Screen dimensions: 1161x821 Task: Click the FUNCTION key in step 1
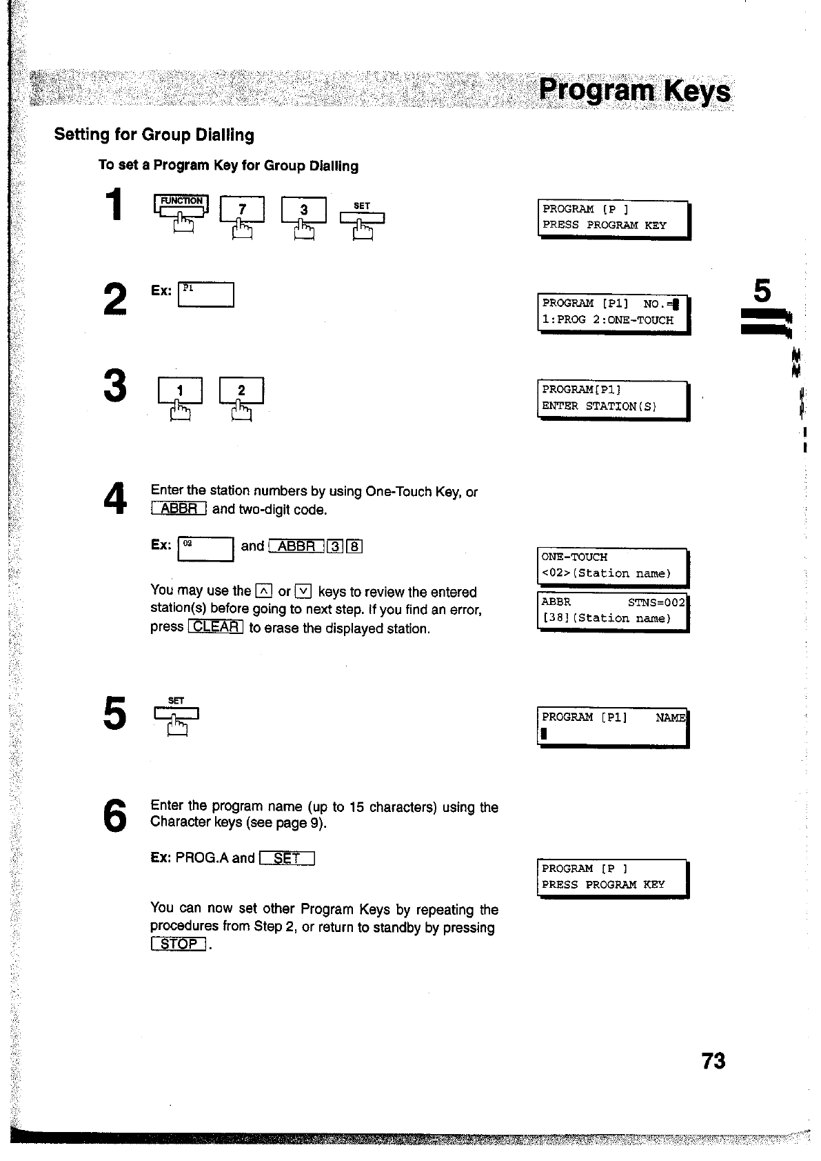(181, 206)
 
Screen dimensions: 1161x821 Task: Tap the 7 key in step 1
(241, 210)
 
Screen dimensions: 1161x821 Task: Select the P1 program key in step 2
(206, 295)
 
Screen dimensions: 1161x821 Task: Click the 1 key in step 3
(180, 391)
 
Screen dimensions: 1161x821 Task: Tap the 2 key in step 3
(241, 391)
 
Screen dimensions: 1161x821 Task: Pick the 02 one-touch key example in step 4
(206, 548)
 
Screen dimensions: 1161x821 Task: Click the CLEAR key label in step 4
(215, 627)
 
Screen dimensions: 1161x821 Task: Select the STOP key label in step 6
(178, 944)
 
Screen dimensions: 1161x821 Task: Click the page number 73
(713, 1060)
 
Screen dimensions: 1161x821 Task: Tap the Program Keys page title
(634, 92)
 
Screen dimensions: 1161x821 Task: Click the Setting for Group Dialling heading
(154, 135)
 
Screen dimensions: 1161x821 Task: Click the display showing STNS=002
(613, 611)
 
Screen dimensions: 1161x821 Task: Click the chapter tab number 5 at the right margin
(762, 292)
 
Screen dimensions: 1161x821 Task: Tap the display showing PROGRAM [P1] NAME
(613, 726)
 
